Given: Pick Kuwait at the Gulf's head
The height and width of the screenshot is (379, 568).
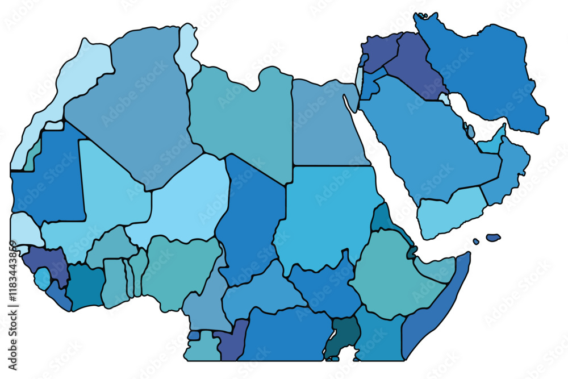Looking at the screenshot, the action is pyautogui.click(x=444, y=98).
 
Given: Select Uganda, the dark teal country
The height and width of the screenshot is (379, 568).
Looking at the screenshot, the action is pyautogui.click(x=344, y=335).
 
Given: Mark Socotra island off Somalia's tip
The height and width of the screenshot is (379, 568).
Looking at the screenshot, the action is pyautogui.click(x=493, y=237).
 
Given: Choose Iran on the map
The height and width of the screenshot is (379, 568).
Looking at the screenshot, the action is pyautogui.click(x=488, y=74).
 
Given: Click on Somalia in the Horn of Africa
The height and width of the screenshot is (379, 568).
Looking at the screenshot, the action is pyautogui.click(x=437, y=307).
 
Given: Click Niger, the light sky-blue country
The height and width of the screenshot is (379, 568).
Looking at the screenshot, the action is pyautogui.click(x=187, y=199).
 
